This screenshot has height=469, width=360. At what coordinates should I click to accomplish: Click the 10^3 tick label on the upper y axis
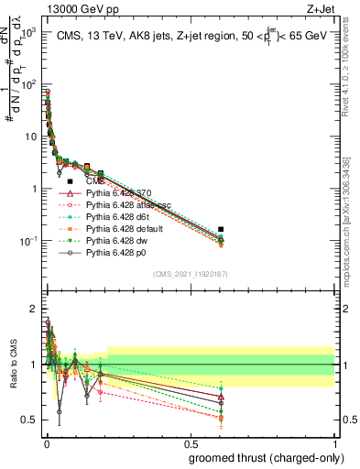(27, 32)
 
